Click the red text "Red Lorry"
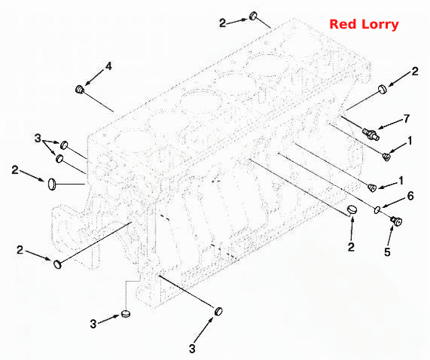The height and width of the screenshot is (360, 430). click(x=364, y=24)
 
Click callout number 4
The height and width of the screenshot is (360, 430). click(x=108, y=66)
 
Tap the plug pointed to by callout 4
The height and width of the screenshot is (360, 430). click(x=79, y=89)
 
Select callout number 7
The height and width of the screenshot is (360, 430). click(x=407, y=118)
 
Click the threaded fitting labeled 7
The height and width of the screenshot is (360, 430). click(x=371, y=133)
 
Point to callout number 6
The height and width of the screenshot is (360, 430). click(x=410, y=196)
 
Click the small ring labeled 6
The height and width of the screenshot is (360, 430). click(x=377, y=209)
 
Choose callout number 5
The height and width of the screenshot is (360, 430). click(x=387, y=252)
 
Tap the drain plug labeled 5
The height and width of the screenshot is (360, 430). click(x=397, y=221)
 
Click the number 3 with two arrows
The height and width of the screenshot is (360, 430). click(x=38, y=138)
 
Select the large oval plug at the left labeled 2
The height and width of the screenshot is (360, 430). click(x=52, y=184)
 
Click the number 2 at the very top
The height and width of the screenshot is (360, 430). click(x=222, y=23)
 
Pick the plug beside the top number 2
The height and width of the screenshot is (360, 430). click(x=253, y=16)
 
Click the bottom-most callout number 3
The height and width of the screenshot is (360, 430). click(x=192, y=349)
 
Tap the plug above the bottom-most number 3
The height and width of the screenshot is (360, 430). click(x=218, y=311)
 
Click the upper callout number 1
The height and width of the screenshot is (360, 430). click(x=410, y=141)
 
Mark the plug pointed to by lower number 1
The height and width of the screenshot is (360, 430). click(x=372, y=188)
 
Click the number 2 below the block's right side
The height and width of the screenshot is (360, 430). click(x=351, y=247)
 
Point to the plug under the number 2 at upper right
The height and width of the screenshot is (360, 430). click(x=383, y=89)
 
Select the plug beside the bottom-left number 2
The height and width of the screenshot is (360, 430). click(x=57, y=264)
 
